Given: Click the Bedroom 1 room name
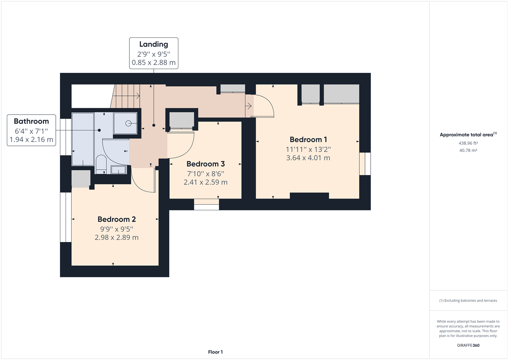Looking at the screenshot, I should tap(308, 139).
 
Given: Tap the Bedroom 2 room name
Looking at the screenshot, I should tap(117, 219).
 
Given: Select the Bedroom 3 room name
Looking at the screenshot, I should tap(205, 164).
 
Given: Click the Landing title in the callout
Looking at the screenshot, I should tap(153, 44).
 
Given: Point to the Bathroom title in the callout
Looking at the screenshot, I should tap(31, 121).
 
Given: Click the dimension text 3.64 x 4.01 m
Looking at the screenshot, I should tap(308, 158).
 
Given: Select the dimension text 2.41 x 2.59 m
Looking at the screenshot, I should tap(205, 182).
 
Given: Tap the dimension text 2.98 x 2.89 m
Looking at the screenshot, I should tap(117, 237).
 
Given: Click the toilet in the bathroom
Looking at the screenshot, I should tap(101, 164).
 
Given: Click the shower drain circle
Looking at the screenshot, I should tap(128, 123).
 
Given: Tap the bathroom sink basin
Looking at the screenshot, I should tap(118, 170).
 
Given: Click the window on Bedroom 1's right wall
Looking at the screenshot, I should tap(365, 164).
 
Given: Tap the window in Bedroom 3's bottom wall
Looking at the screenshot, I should tap(206, 204).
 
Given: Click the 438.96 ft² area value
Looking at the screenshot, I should tap(468, 143).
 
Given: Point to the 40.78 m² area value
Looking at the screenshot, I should tap(468, 150).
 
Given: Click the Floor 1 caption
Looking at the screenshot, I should tap(215, 352).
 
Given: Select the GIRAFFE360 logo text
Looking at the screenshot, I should tap(468, 345).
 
